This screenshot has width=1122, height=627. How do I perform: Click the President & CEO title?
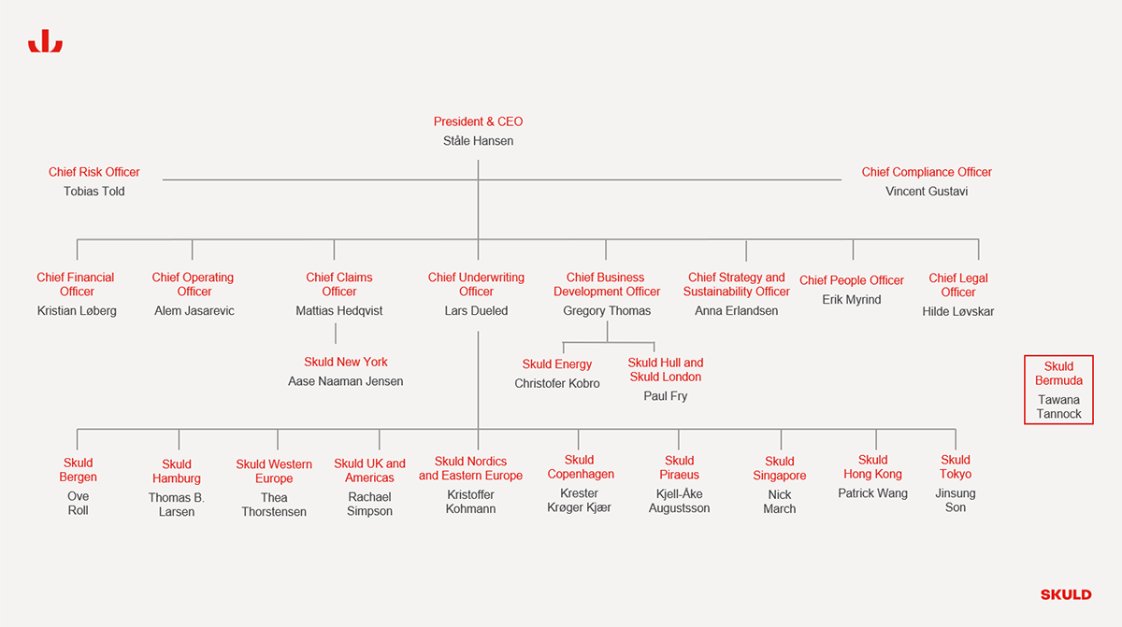(x=478, y=121)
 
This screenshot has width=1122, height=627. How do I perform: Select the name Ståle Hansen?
(x=478, y=141)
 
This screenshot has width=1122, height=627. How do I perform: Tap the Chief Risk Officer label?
(x=93, y=172)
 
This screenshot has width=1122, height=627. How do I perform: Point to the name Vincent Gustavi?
(x=927, y=192)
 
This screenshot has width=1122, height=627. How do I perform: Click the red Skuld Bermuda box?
(x=1058, y=356)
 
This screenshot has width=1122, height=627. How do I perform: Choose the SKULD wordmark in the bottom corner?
(x=1066, y=594)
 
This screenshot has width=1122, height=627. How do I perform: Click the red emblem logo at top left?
(x=45, y=41)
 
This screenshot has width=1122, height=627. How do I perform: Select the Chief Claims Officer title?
(x=339, y=284)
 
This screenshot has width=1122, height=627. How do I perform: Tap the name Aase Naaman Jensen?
(x=346, y=381)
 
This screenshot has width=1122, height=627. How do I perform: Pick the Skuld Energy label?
(x=557, y=364)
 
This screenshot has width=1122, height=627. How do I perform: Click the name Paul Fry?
(x=665, y=396)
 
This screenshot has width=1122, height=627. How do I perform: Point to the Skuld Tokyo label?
(x=956, y=467)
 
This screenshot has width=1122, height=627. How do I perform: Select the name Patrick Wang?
(x=872, y=493)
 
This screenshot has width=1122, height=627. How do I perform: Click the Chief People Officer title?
(x=852, y=280)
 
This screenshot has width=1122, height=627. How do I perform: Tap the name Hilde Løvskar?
(x=958, y=312)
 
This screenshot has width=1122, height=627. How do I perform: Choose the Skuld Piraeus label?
(x=679, y=467)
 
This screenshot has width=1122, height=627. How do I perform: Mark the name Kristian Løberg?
(x=77, y=311)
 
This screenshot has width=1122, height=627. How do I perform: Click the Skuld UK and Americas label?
(x=369, y=470)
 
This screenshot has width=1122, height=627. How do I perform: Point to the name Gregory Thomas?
(x=607, y=311)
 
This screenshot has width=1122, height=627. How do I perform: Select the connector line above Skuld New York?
(x=336, y=334)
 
